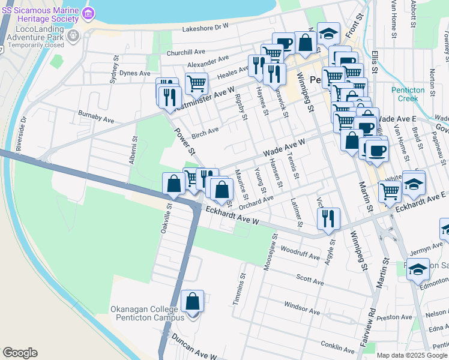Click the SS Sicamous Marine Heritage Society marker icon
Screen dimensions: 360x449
pyautogui.click(x=88, y=13)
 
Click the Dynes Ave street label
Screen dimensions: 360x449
pyautogui.click(x=135, y=73)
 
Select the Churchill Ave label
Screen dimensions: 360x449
pyautogui.click(x=187, y=53)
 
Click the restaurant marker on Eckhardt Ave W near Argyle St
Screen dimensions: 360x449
pyautogui.click(x=328, y=219)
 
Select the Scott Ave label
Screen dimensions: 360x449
pyautogui.click(x=310, y=280)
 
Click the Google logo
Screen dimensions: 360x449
pyautogui.click(x=20, y=353)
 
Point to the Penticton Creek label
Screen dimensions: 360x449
pyautogui.click(x=408, y=94)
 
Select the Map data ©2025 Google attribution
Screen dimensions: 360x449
pyautogui.click(x=412, y=355)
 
